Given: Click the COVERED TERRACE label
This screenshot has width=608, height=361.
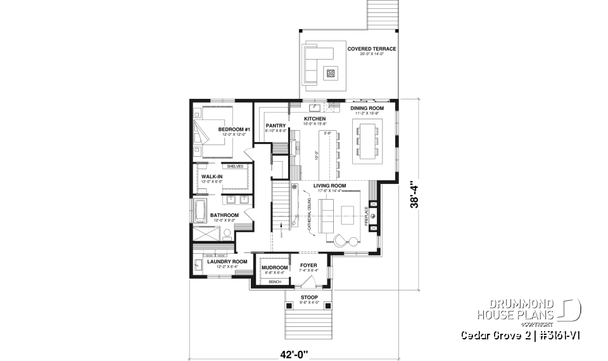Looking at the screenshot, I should tap(371, 49).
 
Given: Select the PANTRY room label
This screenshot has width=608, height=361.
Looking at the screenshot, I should tap(276, 126).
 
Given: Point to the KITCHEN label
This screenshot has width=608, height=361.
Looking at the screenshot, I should tap(315, 119).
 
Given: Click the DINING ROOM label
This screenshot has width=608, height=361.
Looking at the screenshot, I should tap(367, 108).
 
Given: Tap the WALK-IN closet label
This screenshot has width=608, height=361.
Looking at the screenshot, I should tap(212, 177).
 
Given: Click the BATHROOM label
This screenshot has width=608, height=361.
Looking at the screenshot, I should tap(224, 215).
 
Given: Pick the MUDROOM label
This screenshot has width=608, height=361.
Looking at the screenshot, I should tap(274, 268).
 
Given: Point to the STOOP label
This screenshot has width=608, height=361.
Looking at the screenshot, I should tap(310, 296).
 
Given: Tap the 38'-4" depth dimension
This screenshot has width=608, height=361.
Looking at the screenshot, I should tap(414, 195).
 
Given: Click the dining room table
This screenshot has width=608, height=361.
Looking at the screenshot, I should tap(367, 140).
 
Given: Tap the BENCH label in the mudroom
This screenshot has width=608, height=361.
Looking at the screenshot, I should tap(275, 281).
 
